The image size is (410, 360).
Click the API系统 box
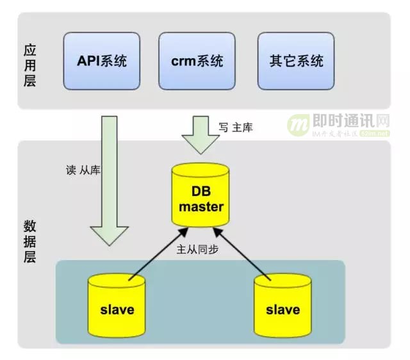(102, 61)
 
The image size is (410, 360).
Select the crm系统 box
(197, 61)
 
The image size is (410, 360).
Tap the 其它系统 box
(297, 61)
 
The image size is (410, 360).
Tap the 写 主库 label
(235, 127)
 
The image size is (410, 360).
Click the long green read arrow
(110, 173)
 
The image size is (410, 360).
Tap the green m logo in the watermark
(298, 125)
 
